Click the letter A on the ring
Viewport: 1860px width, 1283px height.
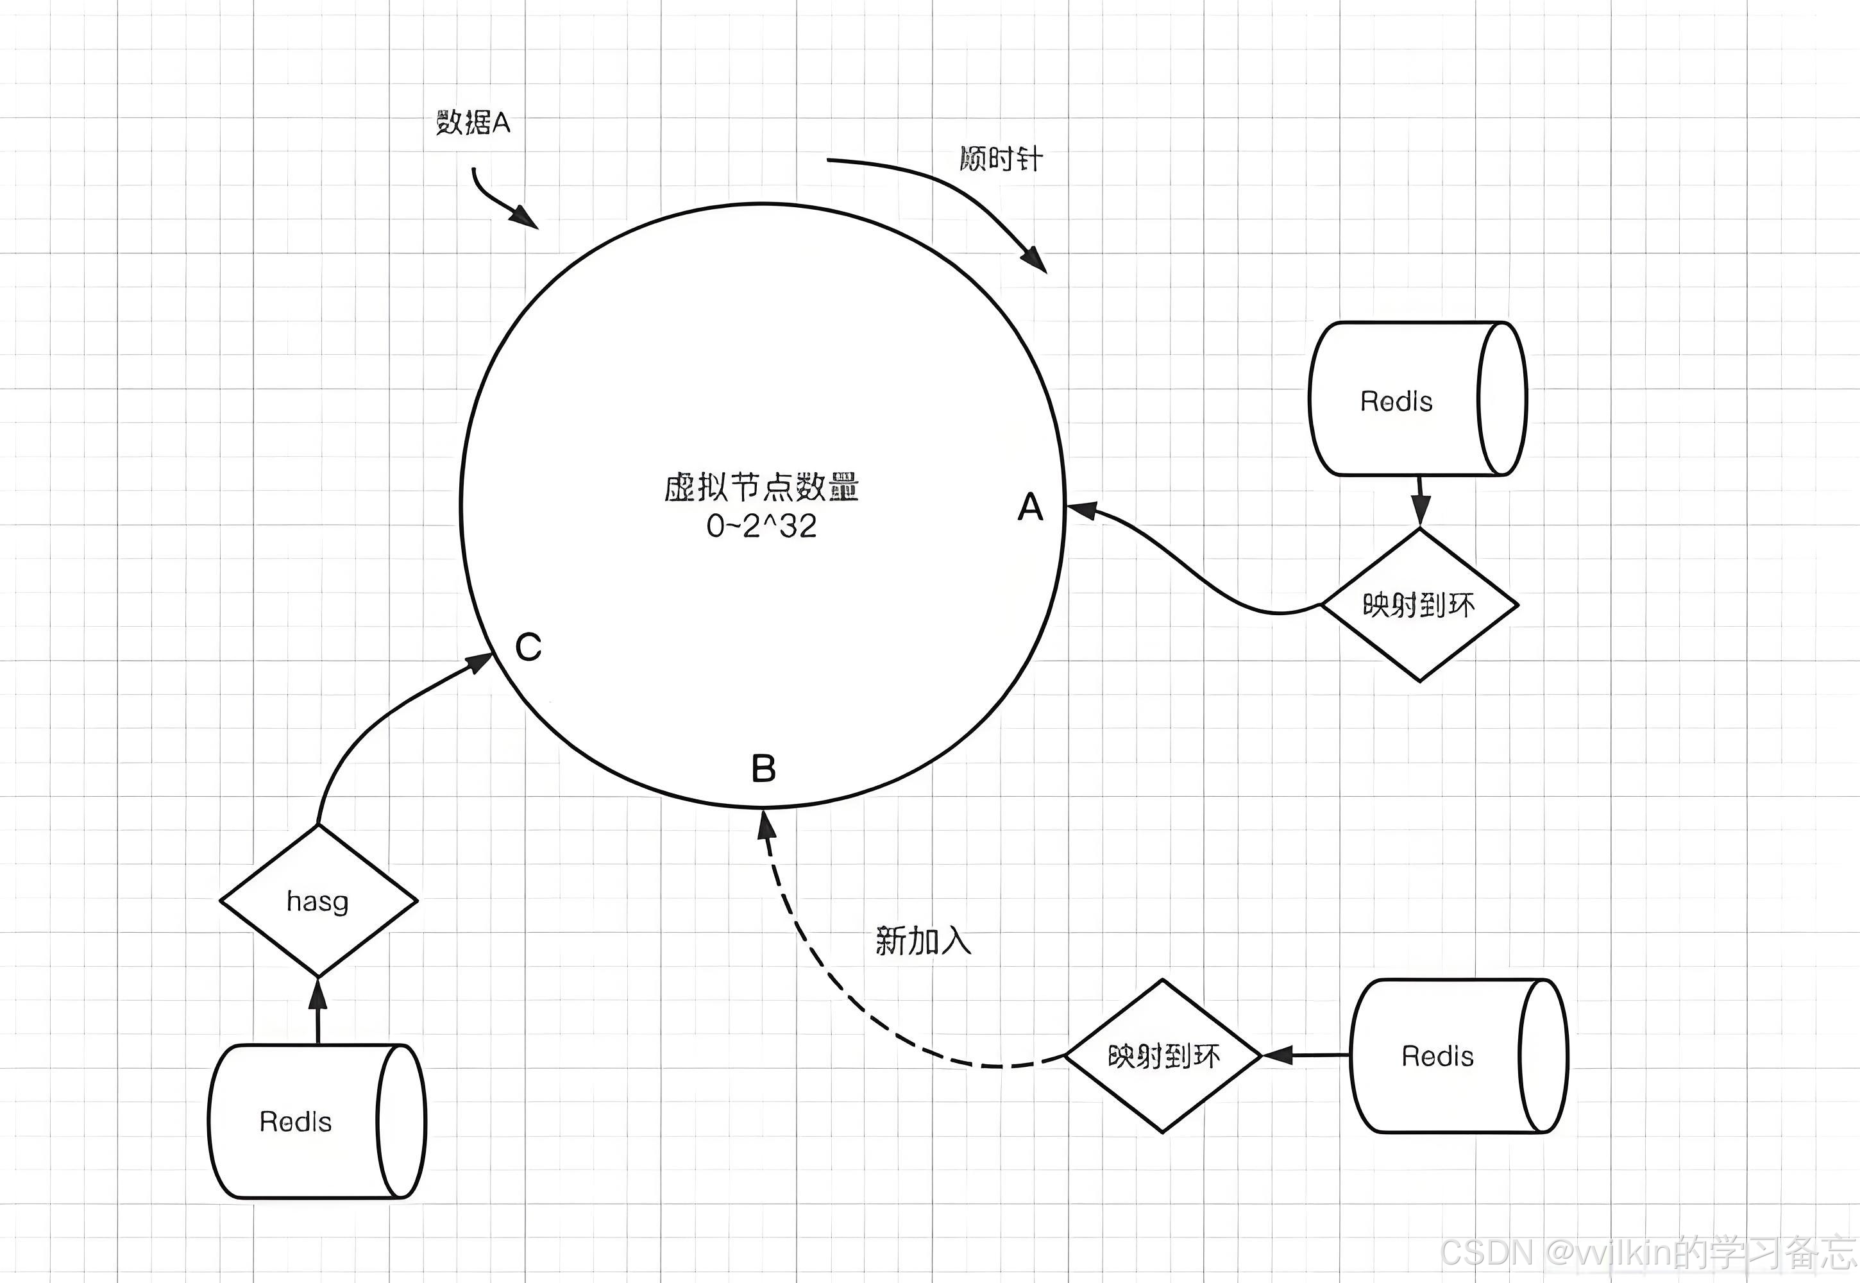coord(1029,507)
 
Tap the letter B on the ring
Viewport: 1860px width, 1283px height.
coord(763,769)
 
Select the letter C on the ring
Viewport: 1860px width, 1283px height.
coord(528,647)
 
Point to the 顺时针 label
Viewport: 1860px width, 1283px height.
coord(1001,158)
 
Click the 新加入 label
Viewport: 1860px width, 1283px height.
coord(923,940)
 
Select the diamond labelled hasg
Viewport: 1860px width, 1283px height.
coord(318,901)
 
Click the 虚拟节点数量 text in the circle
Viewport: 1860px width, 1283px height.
coord(761,487)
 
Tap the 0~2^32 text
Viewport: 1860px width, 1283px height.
coord(761,526)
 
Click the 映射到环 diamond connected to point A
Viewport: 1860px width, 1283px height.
coord(1419,604)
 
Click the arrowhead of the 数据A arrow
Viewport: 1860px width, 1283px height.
coord(526,217)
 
